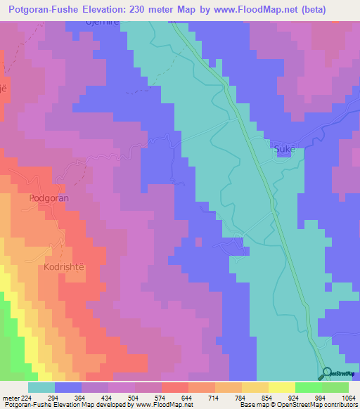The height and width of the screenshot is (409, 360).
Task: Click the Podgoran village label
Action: point(49,199)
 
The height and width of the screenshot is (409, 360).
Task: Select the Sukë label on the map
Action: point(281,150)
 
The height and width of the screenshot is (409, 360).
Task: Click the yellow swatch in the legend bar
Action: point(281,387)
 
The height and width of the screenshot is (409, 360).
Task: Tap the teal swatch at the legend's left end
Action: point(41,387)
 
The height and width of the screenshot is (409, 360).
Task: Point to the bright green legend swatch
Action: point(308,387)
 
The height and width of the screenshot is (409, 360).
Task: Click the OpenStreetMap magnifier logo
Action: point(325,375)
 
